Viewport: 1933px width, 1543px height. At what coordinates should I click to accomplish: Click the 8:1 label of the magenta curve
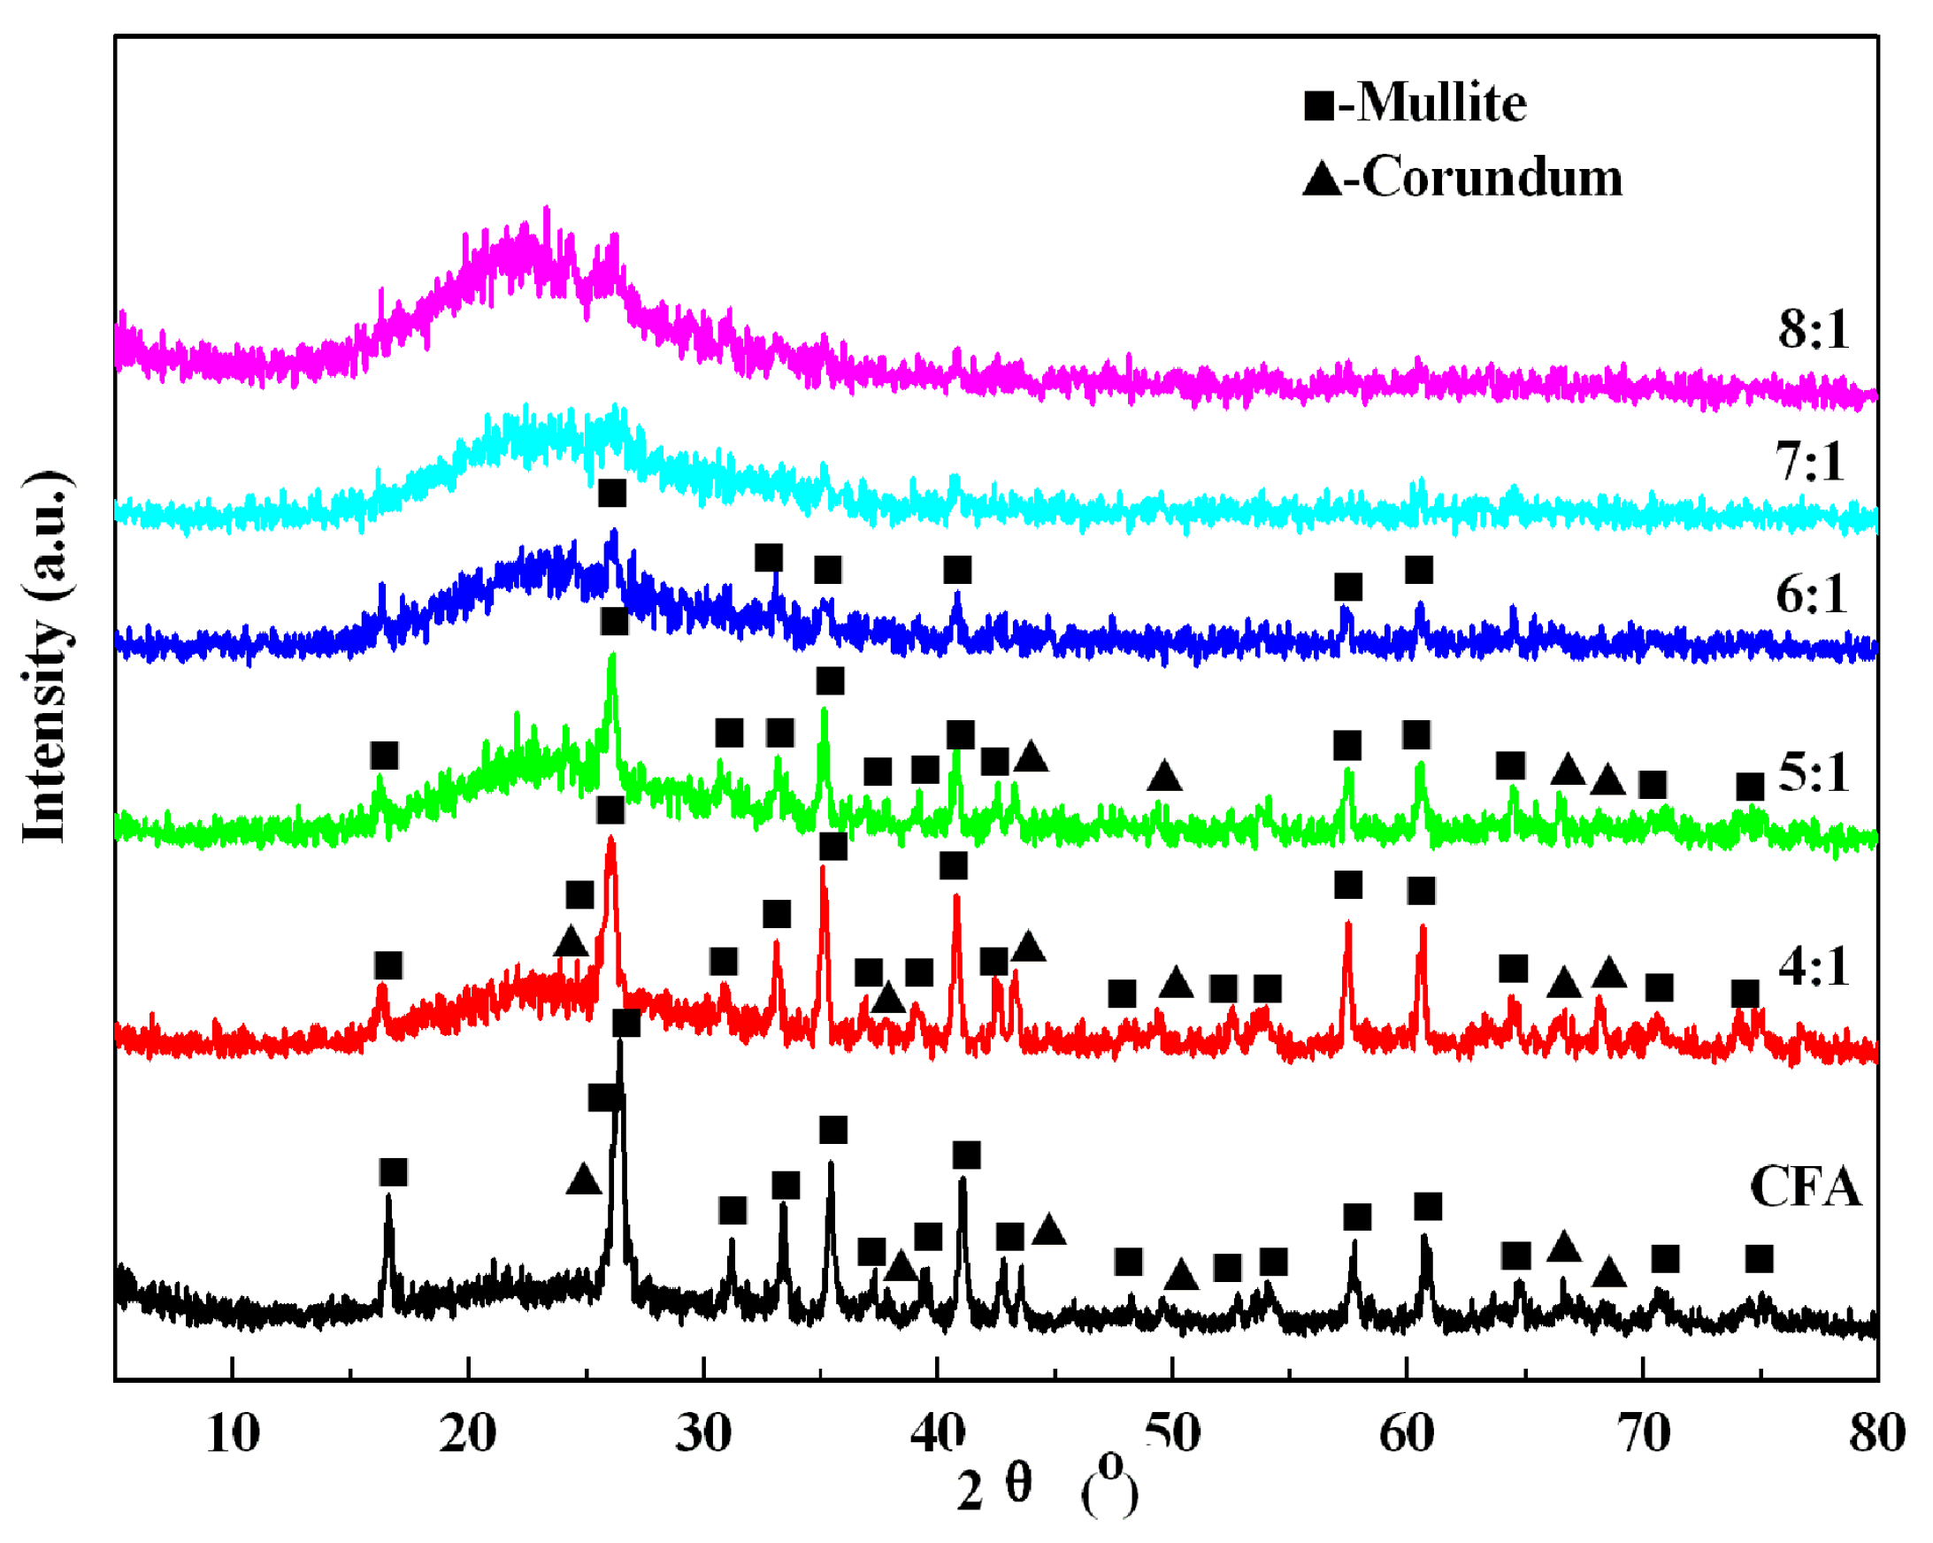(1814, 330)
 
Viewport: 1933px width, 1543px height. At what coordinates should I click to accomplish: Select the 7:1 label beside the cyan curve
(1810, 463)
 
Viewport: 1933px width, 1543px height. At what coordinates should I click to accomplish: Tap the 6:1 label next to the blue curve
(1811, 595)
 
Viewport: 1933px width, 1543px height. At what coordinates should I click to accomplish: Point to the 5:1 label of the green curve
(1813, 773)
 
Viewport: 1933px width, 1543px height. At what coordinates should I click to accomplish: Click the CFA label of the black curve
(1805, 1188)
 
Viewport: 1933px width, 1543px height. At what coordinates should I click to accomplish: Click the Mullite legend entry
(1415, 104)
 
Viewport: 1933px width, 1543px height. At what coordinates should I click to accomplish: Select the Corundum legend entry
(1462, 178)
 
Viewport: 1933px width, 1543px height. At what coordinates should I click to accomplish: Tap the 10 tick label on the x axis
(232, 1432)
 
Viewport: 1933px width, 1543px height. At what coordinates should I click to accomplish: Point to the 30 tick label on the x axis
(703, 1432)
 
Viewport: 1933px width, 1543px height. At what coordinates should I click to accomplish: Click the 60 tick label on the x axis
(1406, 1432)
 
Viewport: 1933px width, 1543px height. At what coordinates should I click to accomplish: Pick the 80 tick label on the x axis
(1876, 1432)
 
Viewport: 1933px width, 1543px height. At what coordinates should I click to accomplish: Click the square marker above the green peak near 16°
(384, 756)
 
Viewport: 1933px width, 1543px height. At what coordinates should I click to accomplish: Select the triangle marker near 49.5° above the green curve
(1163, 776)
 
